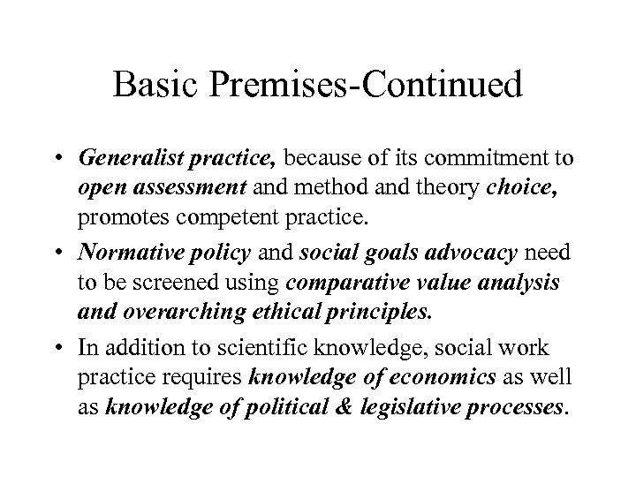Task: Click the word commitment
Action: click(x=480, y=158)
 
